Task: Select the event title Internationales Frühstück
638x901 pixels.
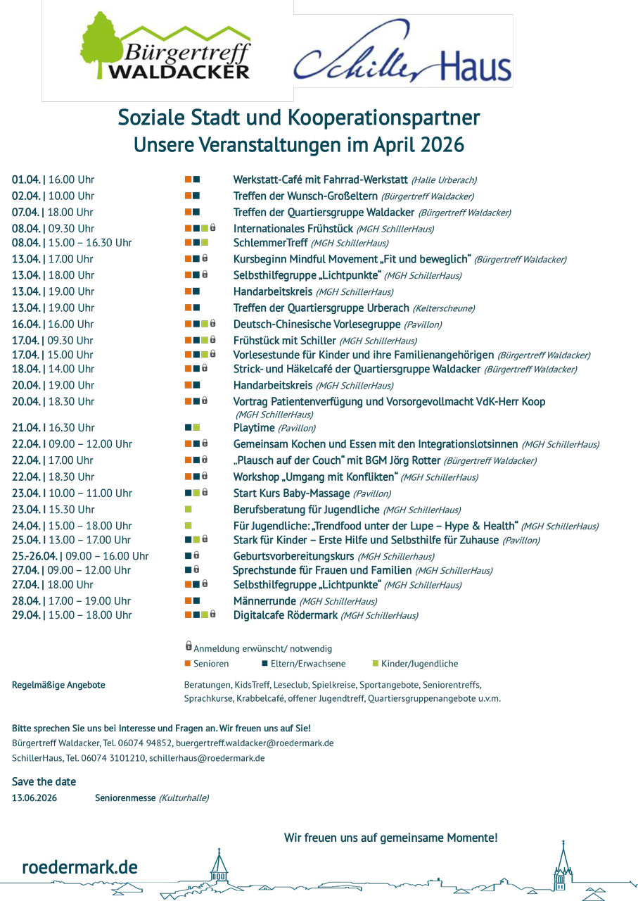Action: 293,228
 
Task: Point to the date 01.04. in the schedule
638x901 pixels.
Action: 25,179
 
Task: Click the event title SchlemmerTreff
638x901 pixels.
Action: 270,243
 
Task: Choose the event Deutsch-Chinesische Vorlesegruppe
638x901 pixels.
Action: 317,325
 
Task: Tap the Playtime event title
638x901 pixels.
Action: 253,427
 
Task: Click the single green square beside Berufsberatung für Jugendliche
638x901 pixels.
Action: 188,509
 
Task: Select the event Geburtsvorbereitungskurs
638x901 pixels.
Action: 293,556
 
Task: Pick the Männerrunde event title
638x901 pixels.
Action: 264,601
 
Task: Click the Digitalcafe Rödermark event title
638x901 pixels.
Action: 285,615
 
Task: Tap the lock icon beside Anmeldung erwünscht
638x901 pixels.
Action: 189,645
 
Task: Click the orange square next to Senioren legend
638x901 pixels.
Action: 188,663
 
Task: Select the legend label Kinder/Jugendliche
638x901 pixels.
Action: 419,664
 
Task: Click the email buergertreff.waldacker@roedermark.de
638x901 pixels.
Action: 255,743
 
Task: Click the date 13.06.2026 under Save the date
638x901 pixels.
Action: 34,798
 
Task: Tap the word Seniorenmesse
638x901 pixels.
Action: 125,798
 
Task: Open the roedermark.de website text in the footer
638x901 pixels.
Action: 79,867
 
